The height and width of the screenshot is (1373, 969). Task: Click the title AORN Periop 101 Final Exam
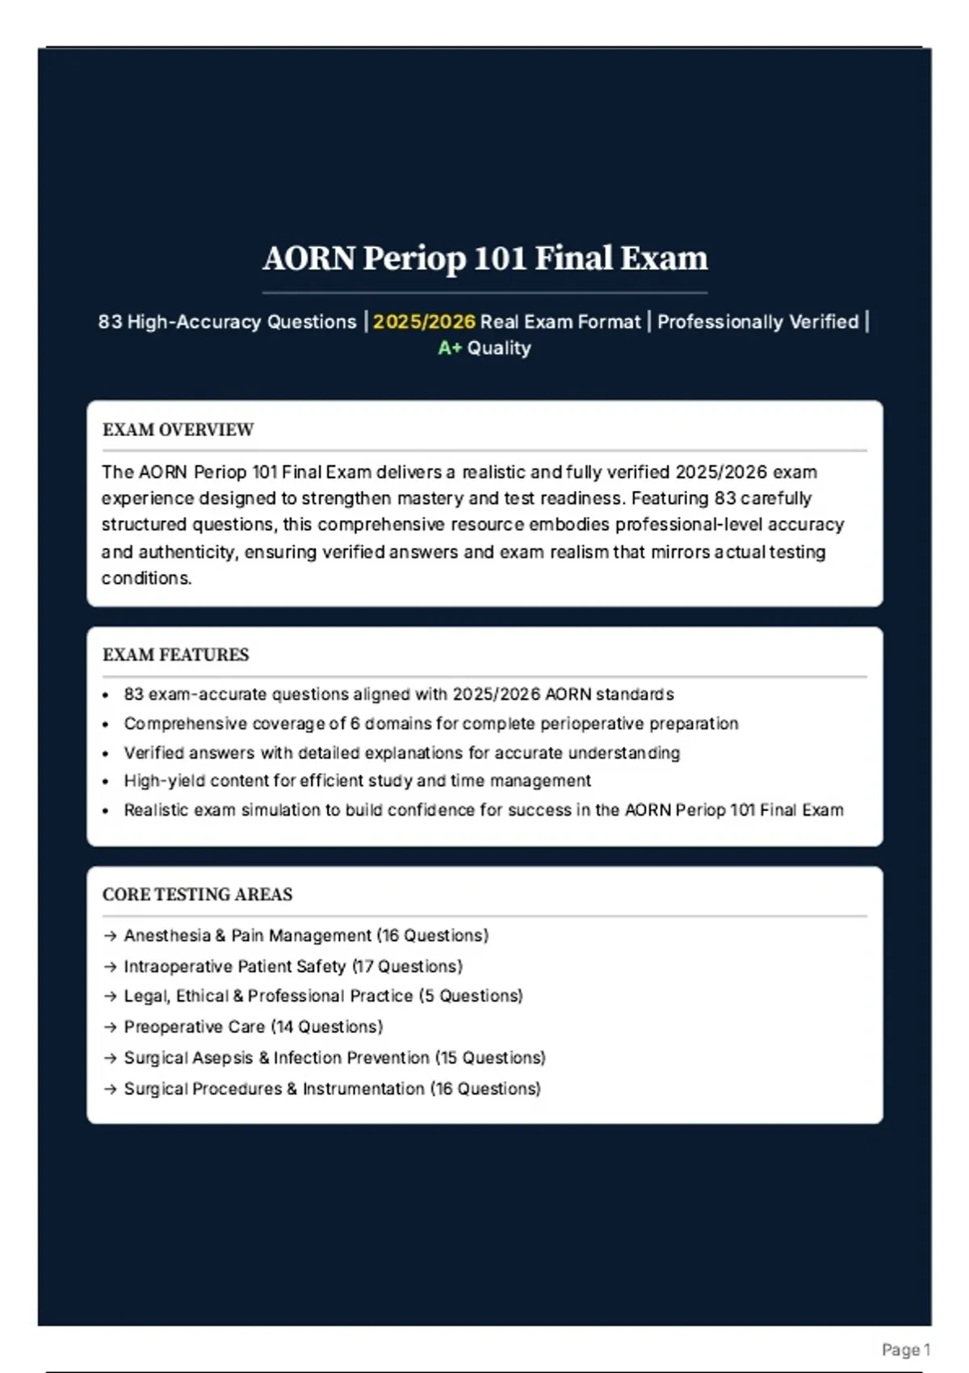tap(484, 258)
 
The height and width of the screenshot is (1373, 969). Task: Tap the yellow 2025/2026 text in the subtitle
tap(424, 321)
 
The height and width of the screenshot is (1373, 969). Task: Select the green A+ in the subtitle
tap(450, 348)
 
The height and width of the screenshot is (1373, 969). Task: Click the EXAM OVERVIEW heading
tap(178, 430)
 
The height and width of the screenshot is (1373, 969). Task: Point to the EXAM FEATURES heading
tap(175, 654)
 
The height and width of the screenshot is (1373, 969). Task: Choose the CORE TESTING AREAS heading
tap(197, 894)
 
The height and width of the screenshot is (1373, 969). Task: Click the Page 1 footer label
tap(906, 1350)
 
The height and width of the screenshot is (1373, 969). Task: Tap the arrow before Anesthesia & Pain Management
tap(111, 936)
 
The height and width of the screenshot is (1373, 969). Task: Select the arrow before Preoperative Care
tap(111, 1027)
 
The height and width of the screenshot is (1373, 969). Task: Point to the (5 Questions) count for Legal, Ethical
tap(471, 996)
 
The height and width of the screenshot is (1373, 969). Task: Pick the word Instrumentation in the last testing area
tap(363, 1089)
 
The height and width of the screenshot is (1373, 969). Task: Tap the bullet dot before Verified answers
tap(106, 754)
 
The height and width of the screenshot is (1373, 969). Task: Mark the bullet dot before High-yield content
tap(106, 782)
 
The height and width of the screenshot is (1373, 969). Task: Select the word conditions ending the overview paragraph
tap(146, 578)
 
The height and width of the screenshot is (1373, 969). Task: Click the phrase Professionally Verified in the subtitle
tap(757, 321)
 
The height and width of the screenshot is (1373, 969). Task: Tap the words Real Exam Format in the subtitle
tap(560, 321)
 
